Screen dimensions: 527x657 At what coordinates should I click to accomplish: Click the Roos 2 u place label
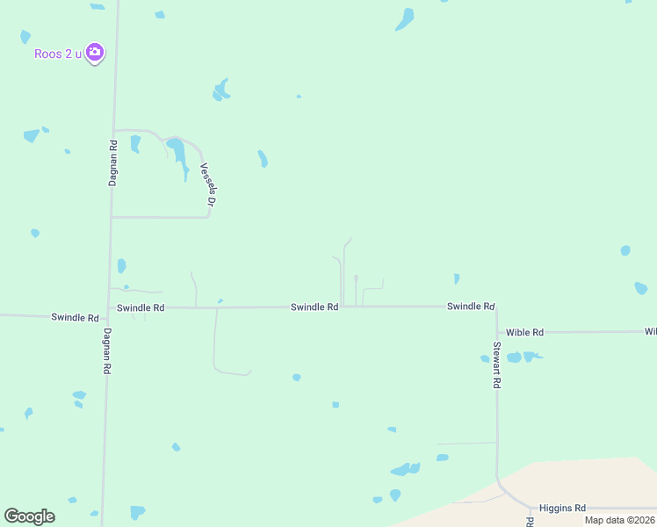pos(57,54)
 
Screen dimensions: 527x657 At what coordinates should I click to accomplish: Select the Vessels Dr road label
pos(207,185)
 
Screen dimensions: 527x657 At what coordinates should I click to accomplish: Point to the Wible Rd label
pos(525,332)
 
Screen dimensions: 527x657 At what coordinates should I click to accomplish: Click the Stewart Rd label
pos(497,365)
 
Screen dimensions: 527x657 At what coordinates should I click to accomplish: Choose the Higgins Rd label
pos(562,508)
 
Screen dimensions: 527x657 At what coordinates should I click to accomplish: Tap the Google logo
pos(29,516)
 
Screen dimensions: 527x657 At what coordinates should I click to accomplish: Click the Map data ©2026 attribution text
pos(620,520)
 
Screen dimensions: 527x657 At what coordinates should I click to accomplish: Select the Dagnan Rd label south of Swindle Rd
pos(106,351)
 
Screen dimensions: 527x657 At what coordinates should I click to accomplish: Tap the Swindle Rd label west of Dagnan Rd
pos(75,316)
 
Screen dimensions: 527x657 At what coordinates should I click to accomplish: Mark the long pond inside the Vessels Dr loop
pos(177,153)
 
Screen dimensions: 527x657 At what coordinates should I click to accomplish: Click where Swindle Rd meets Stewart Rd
pos(495,307)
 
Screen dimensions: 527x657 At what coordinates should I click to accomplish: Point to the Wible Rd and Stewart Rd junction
pos(496,332)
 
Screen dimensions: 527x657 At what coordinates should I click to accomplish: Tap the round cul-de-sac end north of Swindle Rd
pos(356,278)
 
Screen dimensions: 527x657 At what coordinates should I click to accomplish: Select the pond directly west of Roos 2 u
pos(25,37)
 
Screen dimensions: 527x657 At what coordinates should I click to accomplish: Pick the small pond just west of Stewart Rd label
pos(485,358)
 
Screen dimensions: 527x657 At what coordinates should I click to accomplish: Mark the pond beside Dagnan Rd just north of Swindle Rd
pos(121,265)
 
